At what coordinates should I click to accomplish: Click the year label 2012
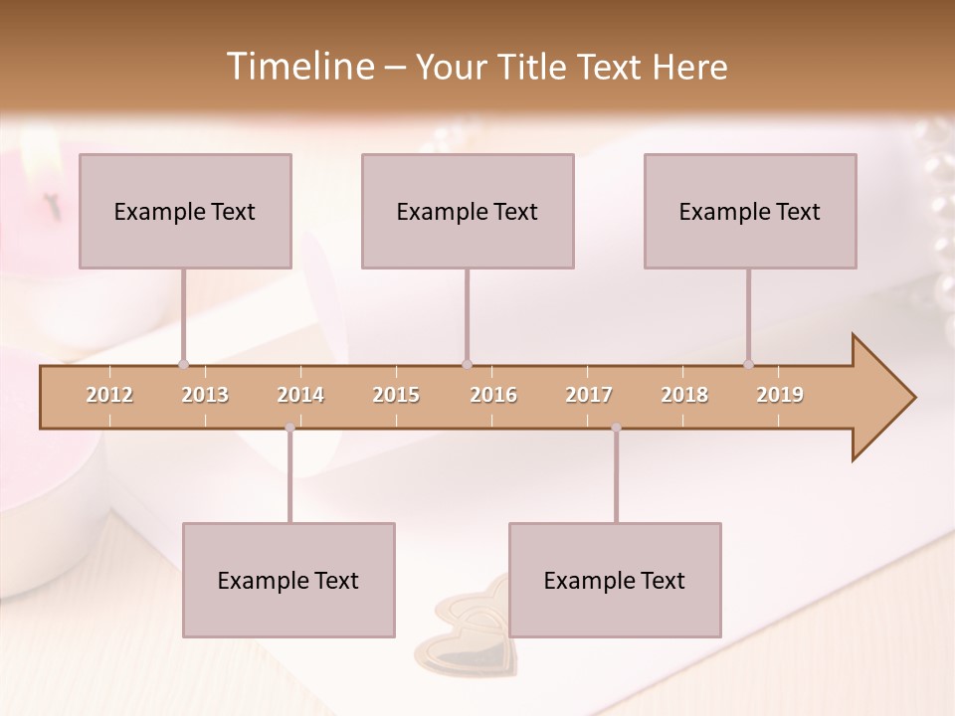click(x=109, y=395)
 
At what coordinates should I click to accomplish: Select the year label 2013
click(x=205, y=395)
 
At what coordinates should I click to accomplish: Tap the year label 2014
click(x=300, y=395)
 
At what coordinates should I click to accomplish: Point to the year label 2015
click(x=396, y=395)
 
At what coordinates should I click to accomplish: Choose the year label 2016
click(x=493, y=395)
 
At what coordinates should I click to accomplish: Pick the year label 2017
click(x=589, y=395)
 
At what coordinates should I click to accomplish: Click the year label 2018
click(x=684, y=395)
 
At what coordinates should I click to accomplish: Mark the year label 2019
click(x=780, y=395)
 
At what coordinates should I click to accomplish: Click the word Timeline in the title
click(x=298, y=67)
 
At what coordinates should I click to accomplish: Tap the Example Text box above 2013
click(x=185, y=211)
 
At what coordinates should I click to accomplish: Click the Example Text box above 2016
click(x=468, y=211)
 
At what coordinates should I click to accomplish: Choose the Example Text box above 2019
click(x=750, y=211)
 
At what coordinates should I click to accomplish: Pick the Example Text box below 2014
click(x=288, y=580)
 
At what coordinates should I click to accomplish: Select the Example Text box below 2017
click(x=615, y=580)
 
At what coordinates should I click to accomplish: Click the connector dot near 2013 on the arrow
click(x=183, y=364)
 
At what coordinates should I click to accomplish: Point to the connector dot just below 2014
click(x=289, y=428)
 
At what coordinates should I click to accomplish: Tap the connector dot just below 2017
click(x=616, y=428)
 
